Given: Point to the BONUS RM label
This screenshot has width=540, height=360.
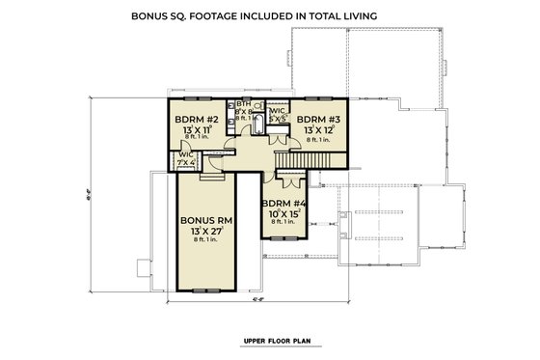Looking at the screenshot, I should tap(203, 220).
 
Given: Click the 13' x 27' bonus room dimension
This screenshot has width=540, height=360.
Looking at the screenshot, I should tap(203, 233).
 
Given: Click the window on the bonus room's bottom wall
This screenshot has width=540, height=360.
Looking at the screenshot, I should tap(203, 291).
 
